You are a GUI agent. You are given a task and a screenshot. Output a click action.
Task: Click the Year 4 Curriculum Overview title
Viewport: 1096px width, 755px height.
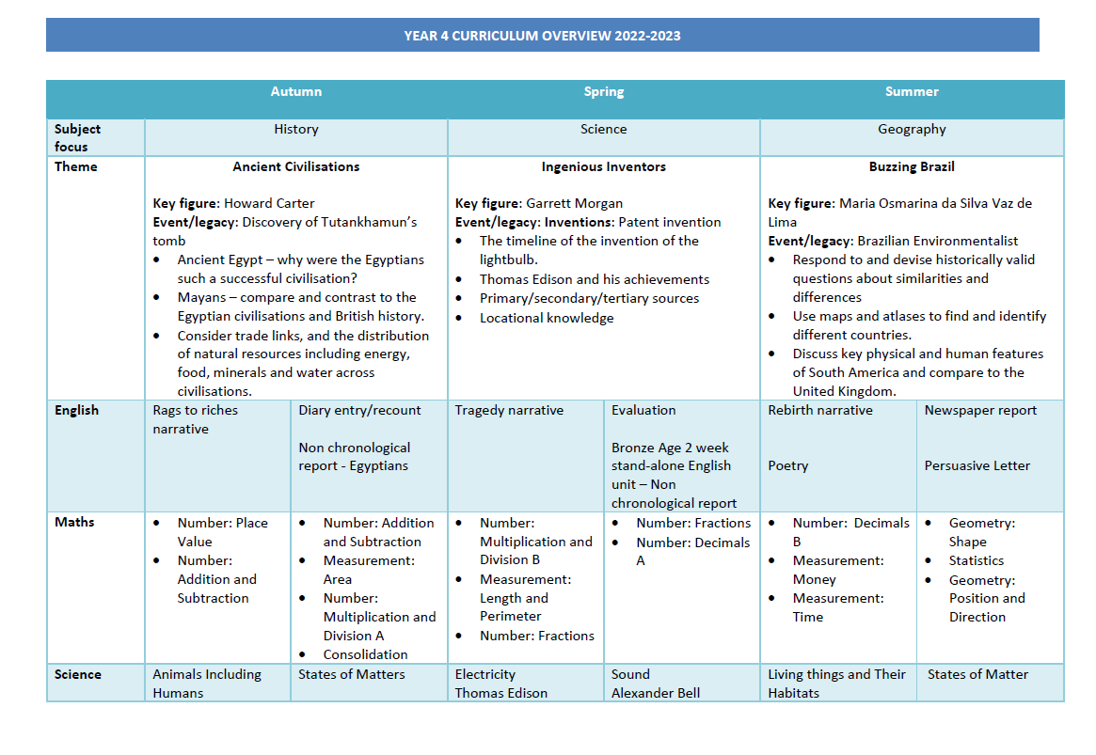click(x=542, y=36)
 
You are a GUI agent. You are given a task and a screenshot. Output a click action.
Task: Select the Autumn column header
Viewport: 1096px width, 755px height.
click(x=296, y=91)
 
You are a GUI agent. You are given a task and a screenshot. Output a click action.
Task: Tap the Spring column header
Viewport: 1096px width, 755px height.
click(x=604, y=91)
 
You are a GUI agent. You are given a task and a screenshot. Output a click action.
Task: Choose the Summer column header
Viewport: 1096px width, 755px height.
click(x=912, y=91)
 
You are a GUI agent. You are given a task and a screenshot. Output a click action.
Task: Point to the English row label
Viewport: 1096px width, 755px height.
click(x=76, y=410)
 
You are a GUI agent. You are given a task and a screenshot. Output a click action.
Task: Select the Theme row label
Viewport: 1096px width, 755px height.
click(x=75, y=166)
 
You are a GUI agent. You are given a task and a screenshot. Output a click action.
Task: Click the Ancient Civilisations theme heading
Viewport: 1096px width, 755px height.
click(x=296, y=166)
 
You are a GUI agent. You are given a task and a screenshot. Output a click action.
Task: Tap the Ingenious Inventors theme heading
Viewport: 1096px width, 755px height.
click(x=604, y=166)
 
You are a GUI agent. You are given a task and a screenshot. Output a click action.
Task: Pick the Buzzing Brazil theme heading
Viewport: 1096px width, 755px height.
click(x=912, y=166)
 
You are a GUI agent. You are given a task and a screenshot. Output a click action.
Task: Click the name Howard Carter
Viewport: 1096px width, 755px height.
click(x=269, y=203)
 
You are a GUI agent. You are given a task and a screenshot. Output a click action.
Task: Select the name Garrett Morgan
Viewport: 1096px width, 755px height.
click(x=574, y=203)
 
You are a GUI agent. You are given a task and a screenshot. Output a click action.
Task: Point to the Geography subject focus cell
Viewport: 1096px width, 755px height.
click(x=912, y=129)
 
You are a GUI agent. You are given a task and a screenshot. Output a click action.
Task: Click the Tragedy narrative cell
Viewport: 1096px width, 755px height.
click(x=509, y=410)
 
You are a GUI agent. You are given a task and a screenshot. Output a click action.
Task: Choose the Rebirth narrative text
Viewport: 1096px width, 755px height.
click(x=820, y=410)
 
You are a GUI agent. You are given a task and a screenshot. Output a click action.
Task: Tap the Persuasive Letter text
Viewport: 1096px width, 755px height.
click(x=977, y=465)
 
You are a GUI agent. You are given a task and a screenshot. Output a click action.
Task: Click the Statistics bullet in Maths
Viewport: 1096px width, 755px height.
click(x=977, y=560)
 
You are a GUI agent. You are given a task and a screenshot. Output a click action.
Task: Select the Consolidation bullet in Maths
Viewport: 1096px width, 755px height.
click(x=365, y=654)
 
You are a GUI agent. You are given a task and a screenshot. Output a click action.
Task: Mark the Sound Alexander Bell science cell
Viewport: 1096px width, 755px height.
click(x=656, y=684)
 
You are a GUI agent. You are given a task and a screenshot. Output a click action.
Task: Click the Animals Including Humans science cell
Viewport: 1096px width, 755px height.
click(x=207, y=684)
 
